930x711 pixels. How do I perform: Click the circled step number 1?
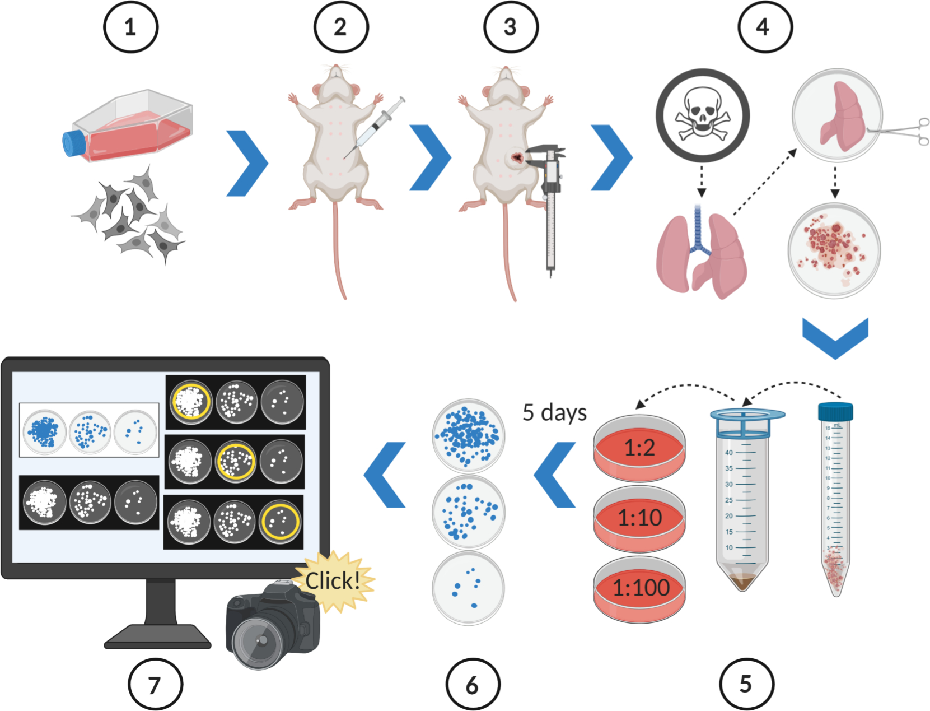coord(130,27)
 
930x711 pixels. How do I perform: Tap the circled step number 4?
coord(765,27)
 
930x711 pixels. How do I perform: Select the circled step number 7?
coord(155,685)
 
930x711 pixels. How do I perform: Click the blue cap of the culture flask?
coord(73,143)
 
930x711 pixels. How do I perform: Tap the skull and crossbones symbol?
coord(702,115)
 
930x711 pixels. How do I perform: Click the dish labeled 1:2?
coord(639,448)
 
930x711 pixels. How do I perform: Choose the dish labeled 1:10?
coord(639,518)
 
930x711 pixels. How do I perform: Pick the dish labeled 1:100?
coord(639,588)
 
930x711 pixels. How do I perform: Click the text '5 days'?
coord(554,412)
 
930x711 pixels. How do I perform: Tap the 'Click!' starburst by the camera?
coord(333,581)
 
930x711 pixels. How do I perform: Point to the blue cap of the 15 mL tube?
coord(835,412)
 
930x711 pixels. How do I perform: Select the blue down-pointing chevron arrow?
coord(835,336)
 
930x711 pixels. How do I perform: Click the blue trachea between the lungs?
coord(699,230)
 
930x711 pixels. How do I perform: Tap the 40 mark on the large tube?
coord(729,452)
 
